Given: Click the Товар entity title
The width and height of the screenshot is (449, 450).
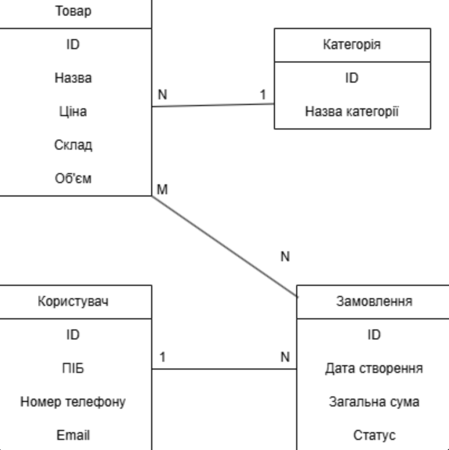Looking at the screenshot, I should pos(73,11).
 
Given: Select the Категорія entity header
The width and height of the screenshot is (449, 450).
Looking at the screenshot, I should pos(352,45).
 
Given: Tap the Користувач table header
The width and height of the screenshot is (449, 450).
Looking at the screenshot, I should pos(73,301).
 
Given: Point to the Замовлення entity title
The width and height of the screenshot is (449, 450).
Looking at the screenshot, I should pos(374,301).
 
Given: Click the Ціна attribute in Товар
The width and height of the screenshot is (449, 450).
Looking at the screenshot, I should pos(73,112).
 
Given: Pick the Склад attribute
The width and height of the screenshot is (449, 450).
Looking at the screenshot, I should pos(73,145).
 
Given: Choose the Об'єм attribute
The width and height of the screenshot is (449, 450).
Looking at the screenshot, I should pos(73,179).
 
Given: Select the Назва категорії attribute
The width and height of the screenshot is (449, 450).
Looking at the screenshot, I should pos(352,112).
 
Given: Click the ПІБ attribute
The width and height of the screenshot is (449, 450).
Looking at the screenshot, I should pos(73,368).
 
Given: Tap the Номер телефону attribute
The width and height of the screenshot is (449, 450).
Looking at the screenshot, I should pos(73,402).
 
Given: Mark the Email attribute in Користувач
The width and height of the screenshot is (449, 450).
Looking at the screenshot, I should pos(73,435).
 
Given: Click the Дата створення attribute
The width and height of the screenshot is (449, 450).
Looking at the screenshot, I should pos(374,368).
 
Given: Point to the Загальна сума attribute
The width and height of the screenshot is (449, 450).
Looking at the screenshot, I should pos(374,402).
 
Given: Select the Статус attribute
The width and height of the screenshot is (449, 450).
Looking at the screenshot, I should pos(374,435).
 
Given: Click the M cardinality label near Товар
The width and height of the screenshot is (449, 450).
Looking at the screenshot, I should pos(162,190).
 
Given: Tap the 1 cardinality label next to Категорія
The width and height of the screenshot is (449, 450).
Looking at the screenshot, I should pos(263,94).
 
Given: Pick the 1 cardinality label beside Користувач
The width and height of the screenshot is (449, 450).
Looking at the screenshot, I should pos(162,357).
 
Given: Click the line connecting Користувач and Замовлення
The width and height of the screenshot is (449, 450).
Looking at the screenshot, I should pos(223,368).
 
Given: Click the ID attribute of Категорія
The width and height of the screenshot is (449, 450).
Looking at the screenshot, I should pos(352,78).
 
